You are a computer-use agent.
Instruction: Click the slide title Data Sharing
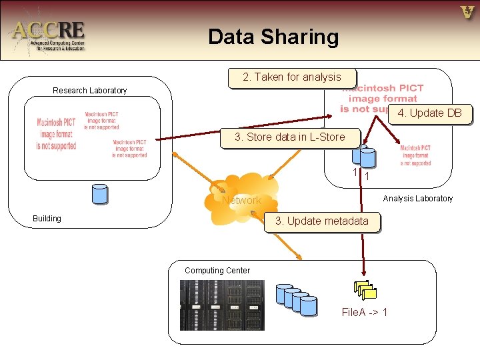(x=273, y=37)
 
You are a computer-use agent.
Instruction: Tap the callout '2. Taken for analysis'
(x=292, y=77)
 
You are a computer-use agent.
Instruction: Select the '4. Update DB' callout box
(x=429, y=113)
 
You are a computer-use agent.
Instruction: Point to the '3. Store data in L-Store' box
(x=289, y=137)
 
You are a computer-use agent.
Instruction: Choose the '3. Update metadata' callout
(x=321, y=221)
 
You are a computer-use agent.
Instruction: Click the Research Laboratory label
(x=89, y=91)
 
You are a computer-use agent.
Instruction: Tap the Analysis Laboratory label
(x=417, y=198)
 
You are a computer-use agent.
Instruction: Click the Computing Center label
(x=217, y=270)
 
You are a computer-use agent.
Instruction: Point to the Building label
(x=47, y=219)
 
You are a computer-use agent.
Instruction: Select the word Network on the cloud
(x=241, y=200)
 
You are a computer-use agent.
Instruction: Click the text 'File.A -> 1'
(x=364, y=312)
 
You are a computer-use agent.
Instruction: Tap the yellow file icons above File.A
(x=365, y=289)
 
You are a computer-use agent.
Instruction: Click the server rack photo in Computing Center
(x=222, y=305)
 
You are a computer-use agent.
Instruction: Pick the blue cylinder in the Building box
(x=99, y=193)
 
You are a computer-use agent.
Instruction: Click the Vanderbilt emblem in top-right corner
(x=467, y=12)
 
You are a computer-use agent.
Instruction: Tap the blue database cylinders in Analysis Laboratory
(x=364, y=156)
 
